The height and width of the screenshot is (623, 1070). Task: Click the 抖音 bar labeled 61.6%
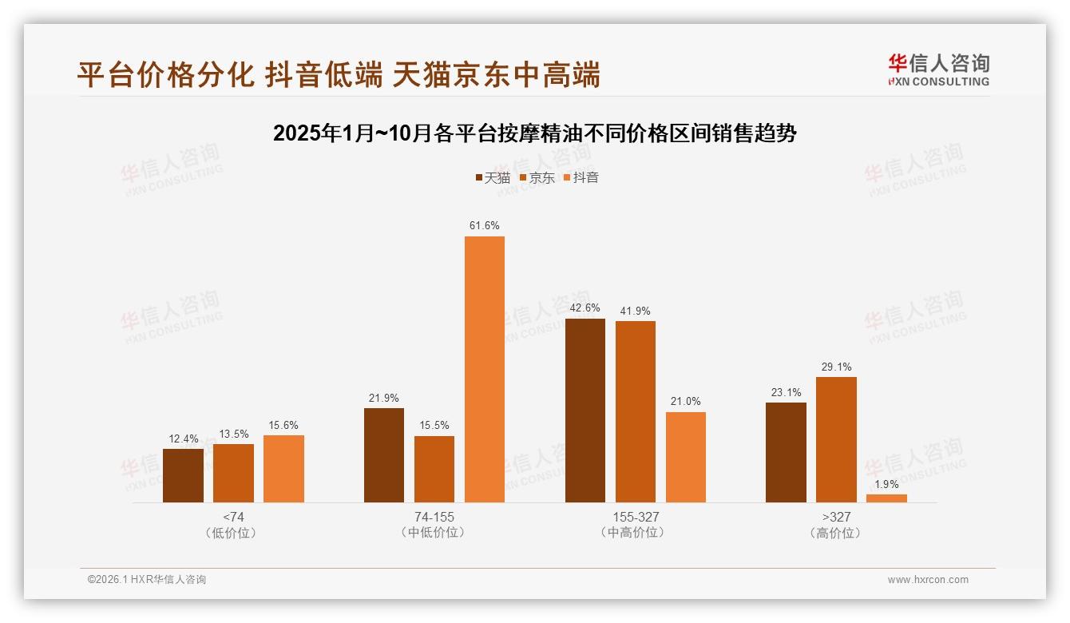pyautogui.click(x=485, y=369)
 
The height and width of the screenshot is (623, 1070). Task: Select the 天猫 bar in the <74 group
pyautogui.click(x=183, y=475)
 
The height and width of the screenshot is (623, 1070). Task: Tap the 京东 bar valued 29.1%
pyautogui.click(x=836, y=439)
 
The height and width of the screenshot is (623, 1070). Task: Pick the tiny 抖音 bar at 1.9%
pyautogui.click(x=886, y=498)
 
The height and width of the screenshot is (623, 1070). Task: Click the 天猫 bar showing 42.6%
pyautogui.click(x=585, y=410)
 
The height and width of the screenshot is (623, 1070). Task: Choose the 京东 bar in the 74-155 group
pyautogui.click(x=434, y=469)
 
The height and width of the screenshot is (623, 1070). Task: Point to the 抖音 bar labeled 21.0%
pyautogui.click(x=686, y=457)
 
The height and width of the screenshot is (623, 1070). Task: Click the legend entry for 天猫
pyautogui.click(x=493, y=178)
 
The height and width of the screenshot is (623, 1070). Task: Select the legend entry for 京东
pyautogui.click(x=537, y=178)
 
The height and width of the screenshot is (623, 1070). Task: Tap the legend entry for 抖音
pyautogui.click(x=581, y=178)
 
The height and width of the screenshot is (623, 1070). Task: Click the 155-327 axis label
pyautogui.click(x=636, y=517)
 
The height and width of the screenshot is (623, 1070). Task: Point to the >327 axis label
pyautogui.click(x=836, y=517)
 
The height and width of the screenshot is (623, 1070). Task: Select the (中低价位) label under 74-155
pyautogui.click(x=434, y=533)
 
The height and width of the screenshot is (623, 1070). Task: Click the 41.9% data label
pyautogui.click(x=636, y=311)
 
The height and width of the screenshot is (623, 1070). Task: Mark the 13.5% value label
pyautogui.click(x=233, y=434)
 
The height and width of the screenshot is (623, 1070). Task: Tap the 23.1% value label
pyautogui.click(x=786, y=392)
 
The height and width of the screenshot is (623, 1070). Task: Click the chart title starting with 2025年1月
pyautogui.click(x=534, y=133)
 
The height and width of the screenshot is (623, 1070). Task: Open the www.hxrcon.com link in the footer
pyautogui.click(x=928, y=580)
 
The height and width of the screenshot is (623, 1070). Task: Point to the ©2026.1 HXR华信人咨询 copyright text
pyautogui.click(x=147, y=580)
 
